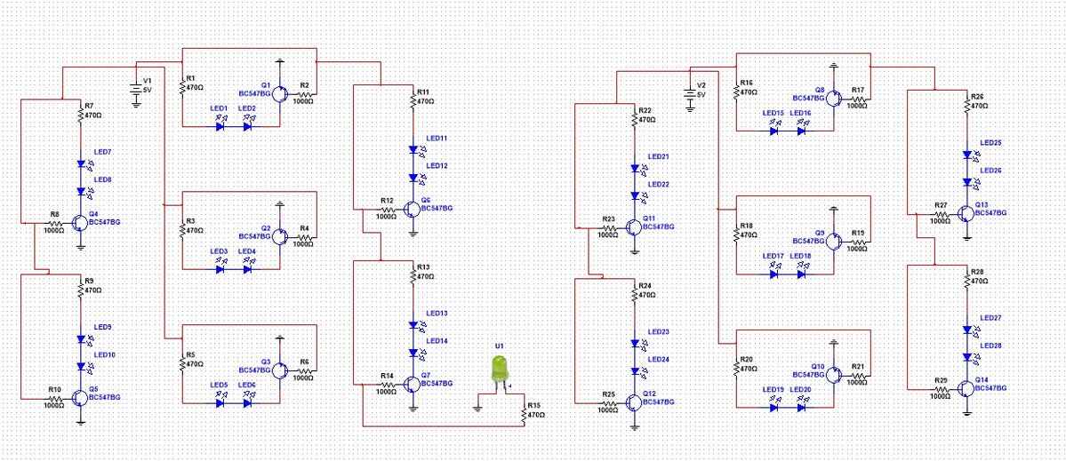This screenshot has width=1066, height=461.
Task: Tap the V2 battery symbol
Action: [689, 93]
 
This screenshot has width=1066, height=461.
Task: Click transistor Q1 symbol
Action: [280, 92]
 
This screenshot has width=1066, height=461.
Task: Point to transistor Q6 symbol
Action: [412, 210]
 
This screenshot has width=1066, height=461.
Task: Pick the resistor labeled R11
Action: [413, 99]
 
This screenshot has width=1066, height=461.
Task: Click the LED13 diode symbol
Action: [412, 325]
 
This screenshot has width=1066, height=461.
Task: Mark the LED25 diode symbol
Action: [966, 155]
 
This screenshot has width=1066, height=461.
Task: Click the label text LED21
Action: [658, 156]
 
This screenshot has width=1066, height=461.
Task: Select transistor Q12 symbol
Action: [632, 401]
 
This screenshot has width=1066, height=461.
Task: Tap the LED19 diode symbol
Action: [773, 408]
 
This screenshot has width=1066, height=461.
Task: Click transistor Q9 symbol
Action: [833, 238]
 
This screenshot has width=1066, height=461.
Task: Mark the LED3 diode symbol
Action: [220, 269]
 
